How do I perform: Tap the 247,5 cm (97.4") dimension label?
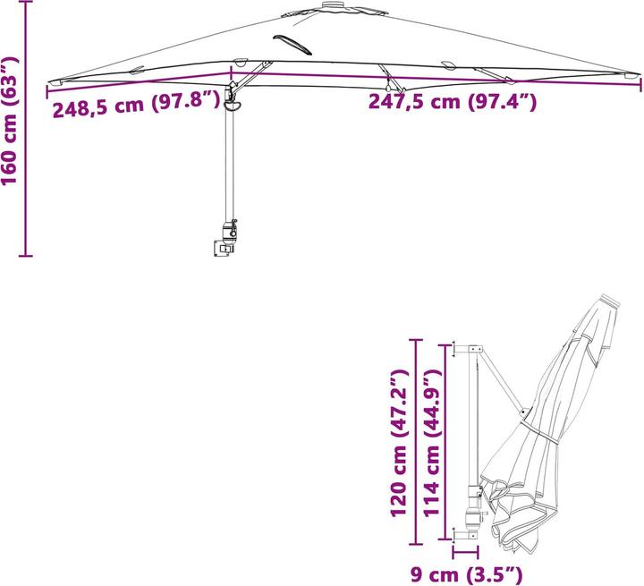click(453, 102)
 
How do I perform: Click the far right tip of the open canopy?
click(639, 78)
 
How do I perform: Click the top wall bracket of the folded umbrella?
click(470, 347)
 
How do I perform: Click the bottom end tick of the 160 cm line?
click(26, 255)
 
